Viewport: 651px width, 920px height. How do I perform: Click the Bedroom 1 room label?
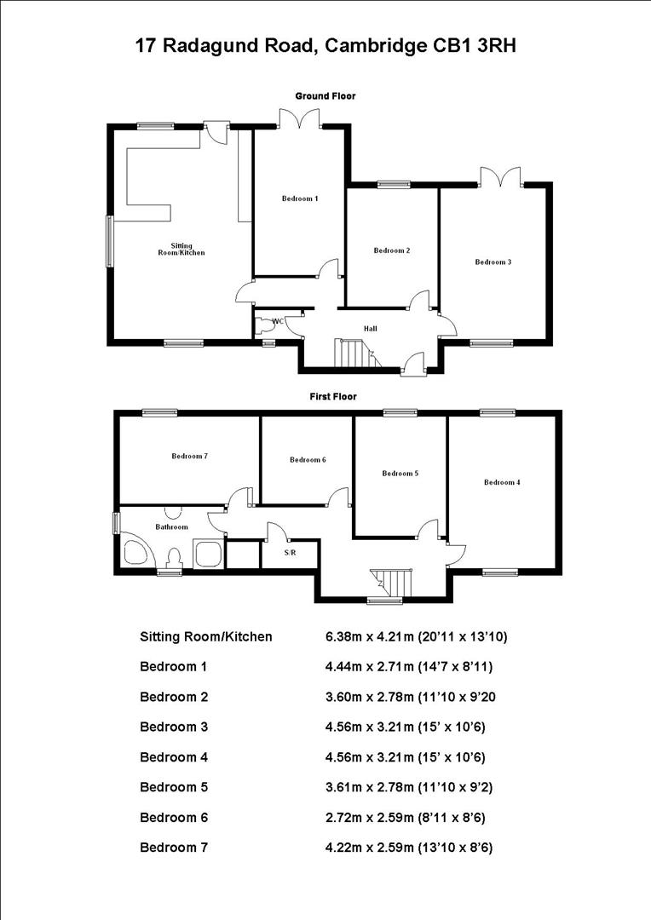[x=300, y=198]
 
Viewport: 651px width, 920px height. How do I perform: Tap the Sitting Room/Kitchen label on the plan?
[x=181, y=249]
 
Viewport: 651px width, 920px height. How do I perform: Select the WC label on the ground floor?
[x=276, y=321]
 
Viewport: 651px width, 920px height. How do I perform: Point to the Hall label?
[x=370, y=328]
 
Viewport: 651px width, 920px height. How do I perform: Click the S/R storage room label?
[x=291, y=552]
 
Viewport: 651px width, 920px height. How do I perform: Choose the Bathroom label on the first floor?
[x=171, y=526]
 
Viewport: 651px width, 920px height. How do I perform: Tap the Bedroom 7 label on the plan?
[x=189, y=456]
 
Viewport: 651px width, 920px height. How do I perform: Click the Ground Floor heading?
[x=325, y=96]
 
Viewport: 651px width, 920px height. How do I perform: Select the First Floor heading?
[x=332, y=396]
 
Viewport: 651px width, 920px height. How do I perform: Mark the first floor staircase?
[x=393, y=584]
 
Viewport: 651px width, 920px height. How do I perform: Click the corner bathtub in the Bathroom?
[x=136, y=551]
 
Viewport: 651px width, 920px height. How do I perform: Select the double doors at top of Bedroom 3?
[x=500, y=177]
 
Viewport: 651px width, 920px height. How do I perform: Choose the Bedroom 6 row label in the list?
[x=174, y=818]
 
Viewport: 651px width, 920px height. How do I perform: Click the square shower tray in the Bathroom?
[x=209, y=554]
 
